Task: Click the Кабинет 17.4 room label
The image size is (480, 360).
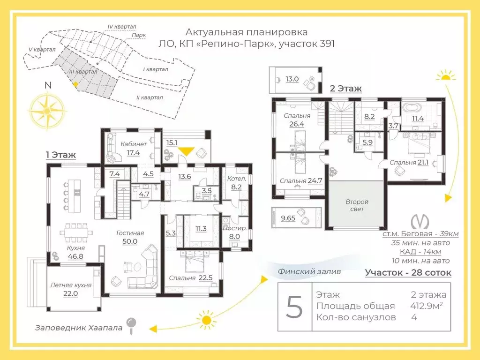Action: click(x=134, y=148)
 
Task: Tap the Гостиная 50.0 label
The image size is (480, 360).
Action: click(x=130, y=237)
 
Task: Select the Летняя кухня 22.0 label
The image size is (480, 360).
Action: click(x=71, y=289)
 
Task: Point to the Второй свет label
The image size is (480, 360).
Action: click(x=357, y=205)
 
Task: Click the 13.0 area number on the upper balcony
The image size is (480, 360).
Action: click(x=292, y=79)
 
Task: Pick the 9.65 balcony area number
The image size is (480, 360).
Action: click(x=288, y=218)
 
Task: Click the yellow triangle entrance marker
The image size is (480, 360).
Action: click(x=187, y=151)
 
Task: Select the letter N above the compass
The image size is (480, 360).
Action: click(x=48, y=85)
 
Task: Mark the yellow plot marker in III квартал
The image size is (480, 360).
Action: click(x=75, y=84)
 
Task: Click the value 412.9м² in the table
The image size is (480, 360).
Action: click(x=427, y=306)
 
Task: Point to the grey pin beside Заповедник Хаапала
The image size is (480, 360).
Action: click(x=132, y=325)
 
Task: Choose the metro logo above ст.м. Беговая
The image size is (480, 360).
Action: click(x=420, y=222)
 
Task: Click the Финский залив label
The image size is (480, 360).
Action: click(x=309, y=271)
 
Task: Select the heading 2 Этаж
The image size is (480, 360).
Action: click(x=345, y=89)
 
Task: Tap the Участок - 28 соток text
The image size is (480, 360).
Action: click(x=408, y=272)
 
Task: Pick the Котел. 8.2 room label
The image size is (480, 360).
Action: click(x=236, y=183)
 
